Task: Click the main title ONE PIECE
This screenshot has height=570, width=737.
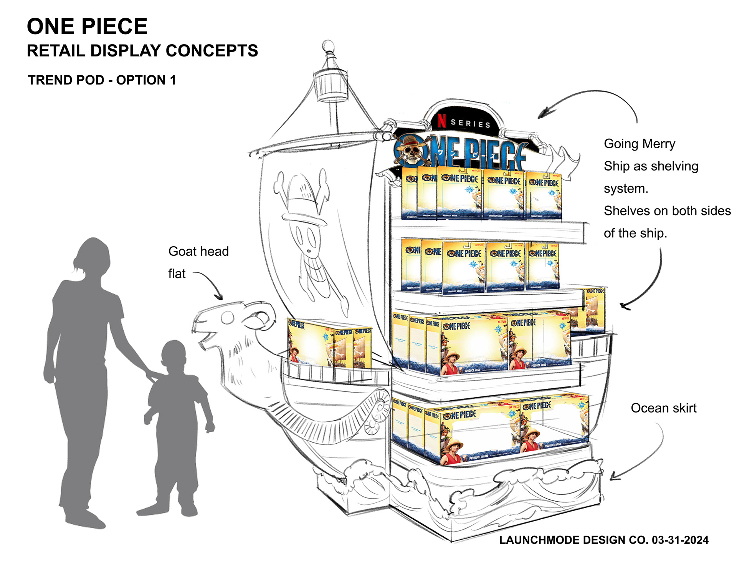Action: tap(87, 27)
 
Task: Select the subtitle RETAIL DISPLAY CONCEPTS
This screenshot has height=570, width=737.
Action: tap(142, 51)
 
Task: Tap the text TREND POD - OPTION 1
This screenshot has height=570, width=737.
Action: tap(102, 80)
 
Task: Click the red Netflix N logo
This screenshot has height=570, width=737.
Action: tap(442, 120)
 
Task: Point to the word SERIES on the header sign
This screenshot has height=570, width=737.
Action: tap(470, 123)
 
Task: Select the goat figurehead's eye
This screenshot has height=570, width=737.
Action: tap(227, 317)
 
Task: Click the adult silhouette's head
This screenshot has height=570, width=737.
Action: tap(93, 255)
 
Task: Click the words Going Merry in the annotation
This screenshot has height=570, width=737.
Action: tap(639, 144)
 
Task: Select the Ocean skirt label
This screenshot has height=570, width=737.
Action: tap(663, 408)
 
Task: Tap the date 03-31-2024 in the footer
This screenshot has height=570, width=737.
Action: tap(680, 540)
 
